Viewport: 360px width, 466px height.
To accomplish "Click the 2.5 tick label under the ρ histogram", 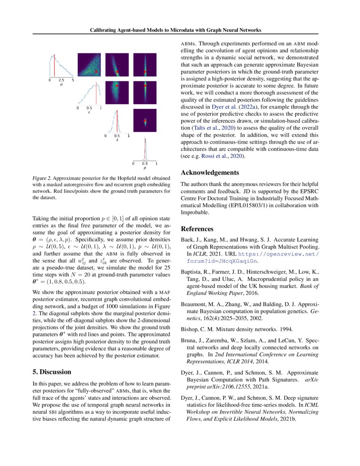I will coord(61,80).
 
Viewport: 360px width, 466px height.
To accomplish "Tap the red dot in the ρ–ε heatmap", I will coord(97,72).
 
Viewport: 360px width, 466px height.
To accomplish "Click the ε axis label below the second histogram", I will coord(89,113).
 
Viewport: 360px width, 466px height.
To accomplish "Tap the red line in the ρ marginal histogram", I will coord(54,66).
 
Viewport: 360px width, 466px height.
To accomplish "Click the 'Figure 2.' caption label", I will coord(42,178).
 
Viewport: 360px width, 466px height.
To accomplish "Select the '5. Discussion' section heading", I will coord(52,372).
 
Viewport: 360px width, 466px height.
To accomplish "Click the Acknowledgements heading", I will coord(210,172).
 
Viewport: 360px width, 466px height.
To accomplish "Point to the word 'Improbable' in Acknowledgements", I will coord(194,212).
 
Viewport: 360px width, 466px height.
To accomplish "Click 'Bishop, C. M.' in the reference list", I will coord(199,328).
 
